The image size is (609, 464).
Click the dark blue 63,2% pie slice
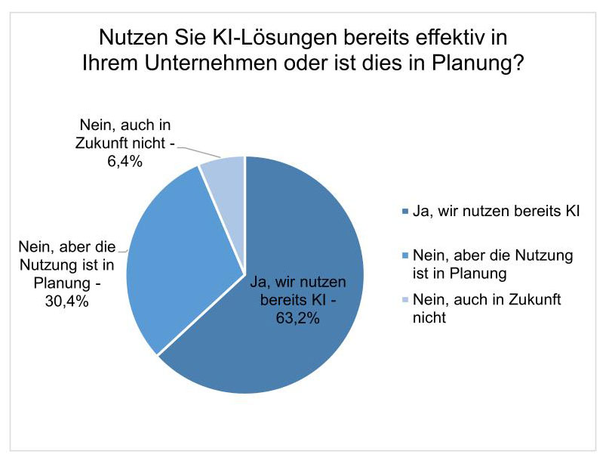[x=302, y=340]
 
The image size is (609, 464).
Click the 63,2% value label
[x=299, y=317]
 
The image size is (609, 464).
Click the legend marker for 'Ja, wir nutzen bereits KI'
[x=406, y=211]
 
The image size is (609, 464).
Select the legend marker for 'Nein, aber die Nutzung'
[x=406, y=255]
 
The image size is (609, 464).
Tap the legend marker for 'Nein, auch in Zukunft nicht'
[x=406, y=300]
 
